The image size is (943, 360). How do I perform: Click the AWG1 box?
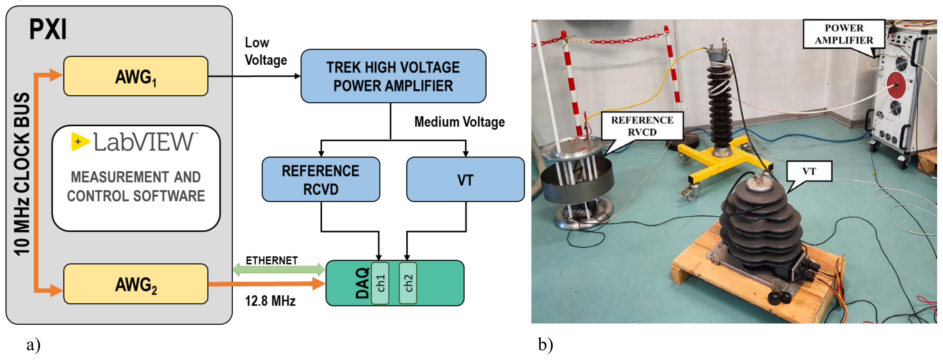pos(135,76)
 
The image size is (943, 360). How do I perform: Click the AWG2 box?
pos(135,284)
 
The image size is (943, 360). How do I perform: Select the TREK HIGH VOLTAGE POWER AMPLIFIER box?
pos(393,76)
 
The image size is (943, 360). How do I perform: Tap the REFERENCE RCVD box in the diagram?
pos(321,179)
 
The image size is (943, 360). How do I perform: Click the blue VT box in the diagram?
pos(465,179)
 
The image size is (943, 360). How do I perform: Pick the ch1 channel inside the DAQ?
pos(380,283)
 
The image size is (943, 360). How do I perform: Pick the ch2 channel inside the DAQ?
pos(408,283)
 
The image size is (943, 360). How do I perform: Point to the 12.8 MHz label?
pos(270,301)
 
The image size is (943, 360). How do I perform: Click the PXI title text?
pos(48,29)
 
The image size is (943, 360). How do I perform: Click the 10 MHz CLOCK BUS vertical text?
pos(22,174)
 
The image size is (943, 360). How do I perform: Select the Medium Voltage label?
pos(459,122)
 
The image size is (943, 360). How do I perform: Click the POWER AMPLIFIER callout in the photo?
pos(844,34)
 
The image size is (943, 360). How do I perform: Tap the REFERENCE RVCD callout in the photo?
pos(642,126)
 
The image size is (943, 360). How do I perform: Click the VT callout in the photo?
pos(809,171)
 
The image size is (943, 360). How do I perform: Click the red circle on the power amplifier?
pos(896,85)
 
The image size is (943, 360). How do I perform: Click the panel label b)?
pos(545,344)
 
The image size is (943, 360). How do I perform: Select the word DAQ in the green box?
pos(362,283)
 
